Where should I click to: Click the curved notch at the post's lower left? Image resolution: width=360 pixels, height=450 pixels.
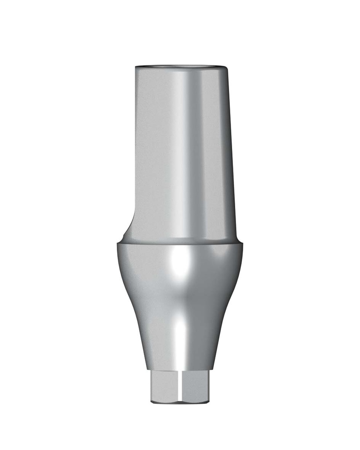click(126, 226)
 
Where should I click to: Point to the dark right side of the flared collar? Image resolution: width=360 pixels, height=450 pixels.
click(220, 299)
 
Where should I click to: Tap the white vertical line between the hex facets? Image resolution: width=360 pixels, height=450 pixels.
click(180, 385)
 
